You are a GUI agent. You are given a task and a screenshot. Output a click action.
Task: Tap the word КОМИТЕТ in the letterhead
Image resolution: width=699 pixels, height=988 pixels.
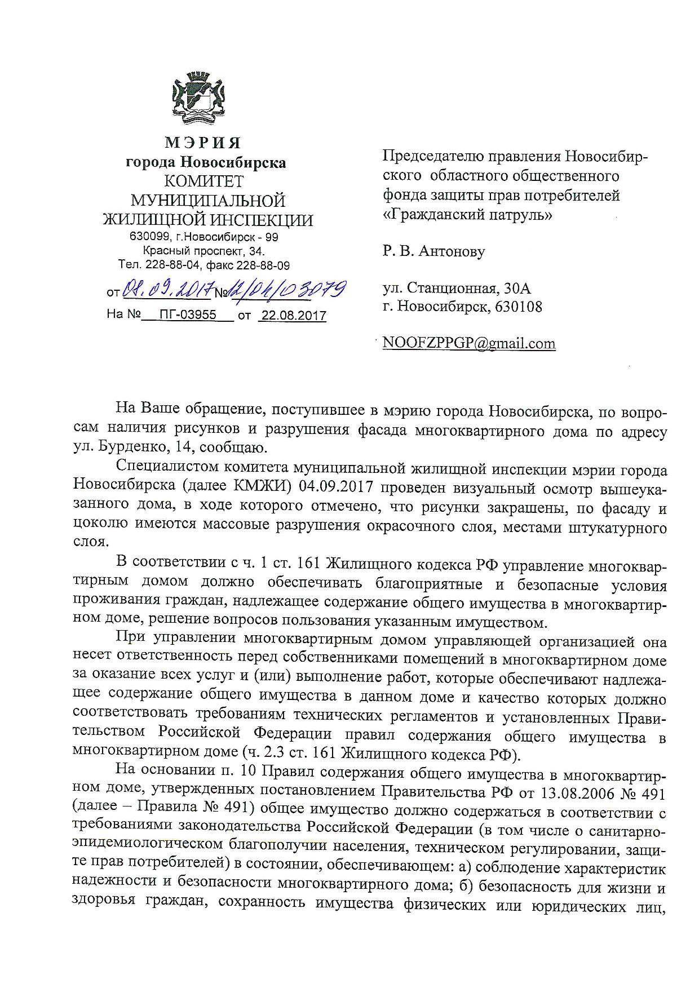click(204, 181)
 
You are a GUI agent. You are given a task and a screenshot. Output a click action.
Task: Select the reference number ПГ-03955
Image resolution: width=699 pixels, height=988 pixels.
click(188, 314)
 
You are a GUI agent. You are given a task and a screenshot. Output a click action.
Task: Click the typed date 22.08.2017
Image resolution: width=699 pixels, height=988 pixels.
click(293, 315)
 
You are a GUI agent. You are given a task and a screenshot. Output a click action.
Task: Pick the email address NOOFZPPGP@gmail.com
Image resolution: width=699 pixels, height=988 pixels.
click(469, 343)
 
